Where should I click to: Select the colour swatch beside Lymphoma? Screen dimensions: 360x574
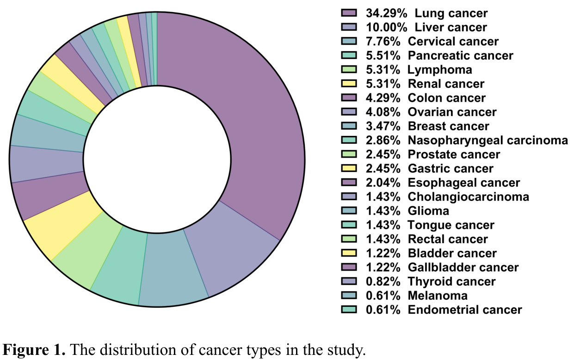click(x=349, y=70)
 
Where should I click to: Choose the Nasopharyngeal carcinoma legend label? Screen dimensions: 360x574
click(x=488, y=140)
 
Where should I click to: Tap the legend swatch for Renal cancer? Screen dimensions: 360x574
click(x=349, y=84)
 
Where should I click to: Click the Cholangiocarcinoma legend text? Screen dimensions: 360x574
click(x=468, y=197)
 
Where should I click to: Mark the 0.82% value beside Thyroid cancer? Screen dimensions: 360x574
click(x=383, y=281)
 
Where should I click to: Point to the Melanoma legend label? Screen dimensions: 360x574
click(x=438, y=295)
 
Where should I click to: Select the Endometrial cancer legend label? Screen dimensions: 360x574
click(x=465, y=310)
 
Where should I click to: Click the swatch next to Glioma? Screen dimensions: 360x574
click(x=349, y=211)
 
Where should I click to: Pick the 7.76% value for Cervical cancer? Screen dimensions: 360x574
click(x=383, y=42)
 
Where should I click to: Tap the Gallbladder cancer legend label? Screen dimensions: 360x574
click(x=463, y=267)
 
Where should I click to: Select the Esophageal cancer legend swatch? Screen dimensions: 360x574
click(x=349, y=183)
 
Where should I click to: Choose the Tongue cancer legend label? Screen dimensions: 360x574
click(x=451, y=225)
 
